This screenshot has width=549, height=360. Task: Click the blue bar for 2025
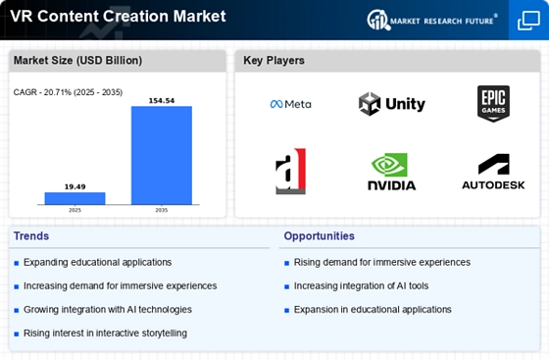coord(75,198)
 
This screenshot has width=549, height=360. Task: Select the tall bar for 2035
coord(162,155)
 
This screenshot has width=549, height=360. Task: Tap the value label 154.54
coord(162,100)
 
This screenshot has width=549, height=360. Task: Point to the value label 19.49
coord(75,186)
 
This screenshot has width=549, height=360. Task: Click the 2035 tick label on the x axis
coord(162,210)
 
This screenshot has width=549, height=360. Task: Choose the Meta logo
coord(290,104)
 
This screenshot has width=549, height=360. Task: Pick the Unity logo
coord(392,104)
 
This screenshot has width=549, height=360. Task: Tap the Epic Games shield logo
coord(493,104)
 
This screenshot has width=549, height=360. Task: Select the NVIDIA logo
coord(392,172)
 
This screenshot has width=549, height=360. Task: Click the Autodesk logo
coord(493,172)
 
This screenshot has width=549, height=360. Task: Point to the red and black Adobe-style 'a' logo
coord(290,172)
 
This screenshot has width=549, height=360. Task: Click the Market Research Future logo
coord(432,21)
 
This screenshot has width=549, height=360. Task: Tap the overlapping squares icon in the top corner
coord(528,21)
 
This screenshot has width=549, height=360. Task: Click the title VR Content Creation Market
coord(118,16)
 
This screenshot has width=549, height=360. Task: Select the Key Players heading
coord(274,60)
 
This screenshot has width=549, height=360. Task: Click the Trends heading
coord(31,236)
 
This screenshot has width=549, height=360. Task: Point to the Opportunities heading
coord(319,236)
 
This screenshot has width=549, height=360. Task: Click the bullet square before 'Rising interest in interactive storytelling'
coord(17,334)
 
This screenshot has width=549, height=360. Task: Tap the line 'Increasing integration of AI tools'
coord(361,285)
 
